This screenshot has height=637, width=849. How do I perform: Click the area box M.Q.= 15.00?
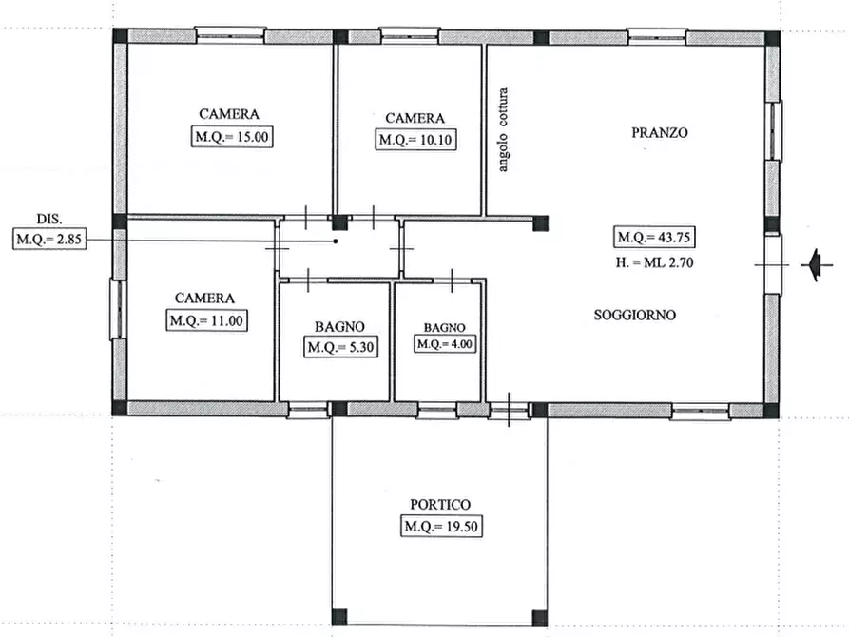pyautogui.click(x=232, y=136)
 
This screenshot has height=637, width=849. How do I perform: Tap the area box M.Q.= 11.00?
pyautogui.click(x=207, y=320)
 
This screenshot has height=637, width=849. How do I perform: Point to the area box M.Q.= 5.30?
pyautogui.click(x=342, y=347)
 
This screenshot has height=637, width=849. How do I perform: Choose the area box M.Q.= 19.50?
pyautogui.click(x=440, y=527)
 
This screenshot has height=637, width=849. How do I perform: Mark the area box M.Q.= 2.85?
pyautogui.click(x=48, y=241)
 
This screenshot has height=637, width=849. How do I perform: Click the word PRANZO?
pyautogui.click(x=659, y=133)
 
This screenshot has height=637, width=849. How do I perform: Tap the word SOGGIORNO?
pyautogui.click(x=635, y=315)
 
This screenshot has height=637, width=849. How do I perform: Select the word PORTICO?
pyautogui.click(x=440, y=505)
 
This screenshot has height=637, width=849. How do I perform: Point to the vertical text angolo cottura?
pyautogui.click(x=504, y=130)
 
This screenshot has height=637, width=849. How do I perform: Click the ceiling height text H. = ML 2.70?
pyautogui.click(x=655, y=262)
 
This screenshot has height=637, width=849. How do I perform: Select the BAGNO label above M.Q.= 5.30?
pyautogui.click(x=340, y=325)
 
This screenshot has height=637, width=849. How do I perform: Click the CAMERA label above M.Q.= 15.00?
pyautogui.click(x=229, y=113)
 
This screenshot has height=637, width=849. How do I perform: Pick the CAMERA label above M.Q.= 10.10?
pyautogui.click(x=415, y=118)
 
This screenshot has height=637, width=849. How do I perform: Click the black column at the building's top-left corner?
pyautogui.click(x=120, y=36)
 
